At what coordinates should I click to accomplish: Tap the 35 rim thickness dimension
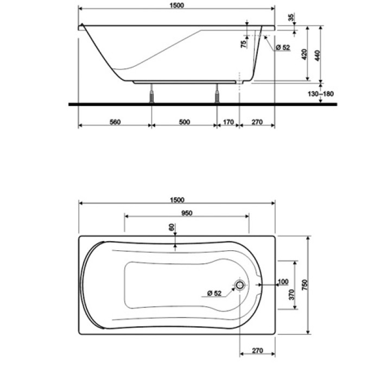click(292, 17)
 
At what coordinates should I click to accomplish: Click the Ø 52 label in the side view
click(283, 48)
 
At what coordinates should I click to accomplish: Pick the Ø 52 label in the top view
click(214, 293)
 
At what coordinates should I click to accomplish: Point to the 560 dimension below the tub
click(115, 122)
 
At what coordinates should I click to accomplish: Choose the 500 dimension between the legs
click(184, 122)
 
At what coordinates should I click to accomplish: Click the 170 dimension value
click(228, 122)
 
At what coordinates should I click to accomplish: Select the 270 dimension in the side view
click(257, 122)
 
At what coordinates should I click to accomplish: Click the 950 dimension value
click(187, 213)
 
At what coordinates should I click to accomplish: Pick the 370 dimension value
click(292, 295)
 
